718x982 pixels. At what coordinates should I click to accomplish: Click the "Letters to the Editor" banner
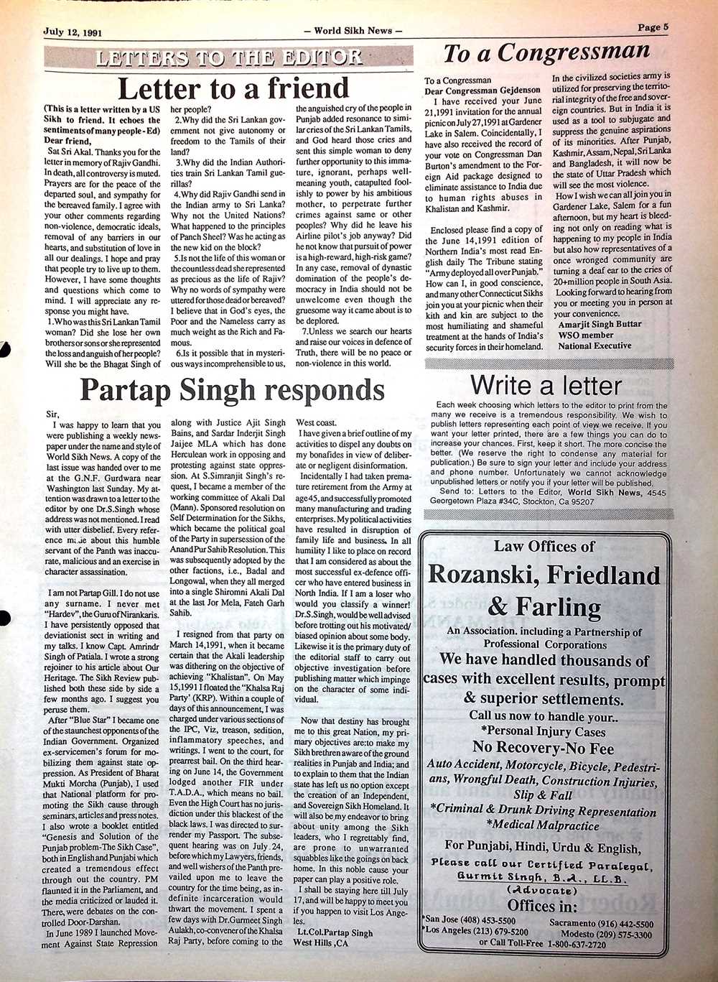(229, 57)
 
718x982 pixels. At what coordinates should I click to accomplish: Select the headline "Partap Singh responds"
(232, 389)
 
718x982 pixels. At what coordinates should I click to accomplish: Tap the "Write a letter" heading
(546, 385)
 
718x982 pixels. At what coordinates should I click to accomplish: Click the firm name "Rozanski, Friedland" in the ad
(544, 575)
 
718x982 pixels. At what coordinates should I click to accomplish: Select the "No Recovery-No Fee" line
(543, 748)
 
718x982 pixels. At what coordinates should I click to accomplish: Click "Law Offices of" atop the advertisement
(544, 547)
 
